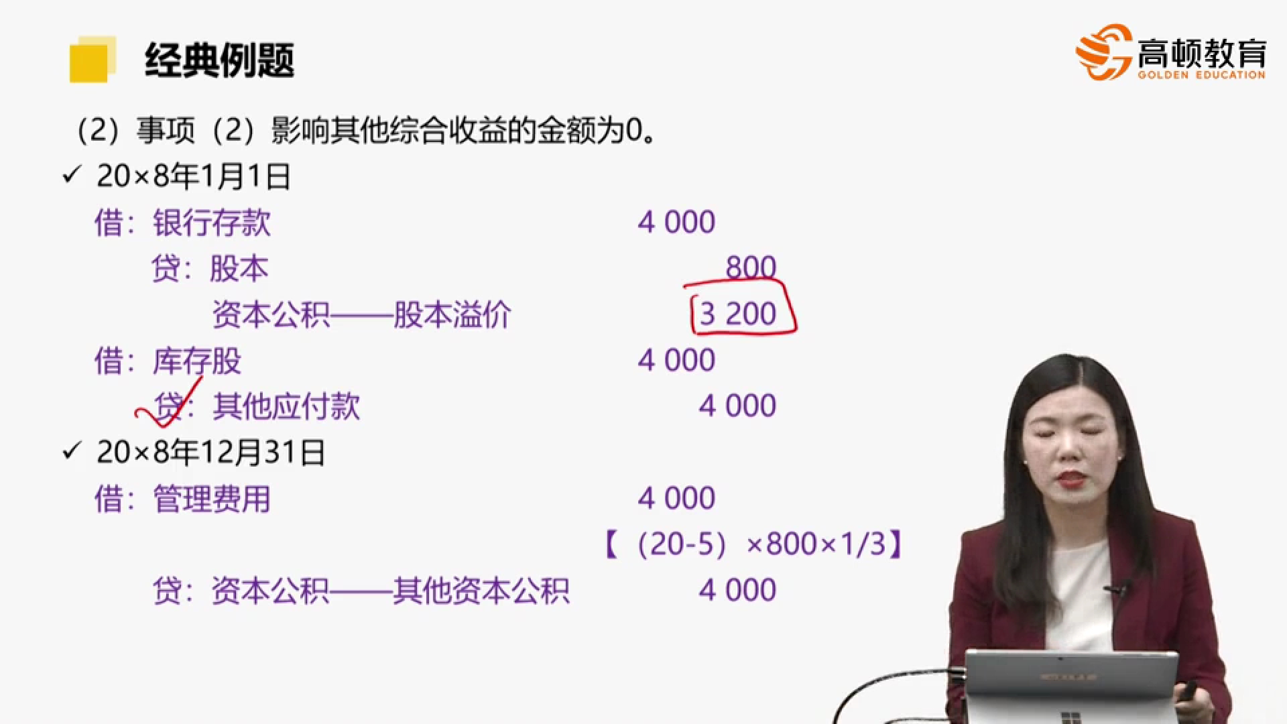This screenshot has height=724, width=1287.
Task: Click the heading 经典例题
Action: click(x=219, y=60)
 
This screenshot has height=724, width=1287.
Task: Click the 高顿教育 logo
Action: click(x=1170, y=52)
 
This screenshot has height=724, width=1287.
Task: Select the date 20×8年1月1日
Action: click(x=193, y=176)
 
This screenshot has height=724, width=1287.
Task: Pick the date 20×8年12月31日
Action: click(x=210, y=452)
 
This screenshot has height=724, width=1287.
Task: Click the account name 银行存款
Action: click(x=212, y=223)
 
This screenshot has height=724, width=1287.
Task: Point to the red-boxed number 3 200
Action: click(x=737, y=314)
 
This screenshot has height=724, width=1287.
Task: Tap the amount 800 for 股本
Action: click(x=751, y=267)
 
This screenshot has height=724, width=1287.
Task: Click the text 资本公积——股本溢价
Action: click(x=362, y=314)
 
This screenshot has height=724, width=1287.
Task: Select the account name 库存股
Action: click(x=197, y=361)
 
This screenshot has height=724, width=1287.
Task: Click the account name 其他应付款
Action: click(x=286, y=406)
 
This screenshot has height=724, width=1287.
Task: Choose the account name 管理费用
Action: click(x=212, y=499)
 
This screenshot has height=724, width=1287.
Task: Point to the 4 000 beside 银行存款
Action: click(x=676, y=222)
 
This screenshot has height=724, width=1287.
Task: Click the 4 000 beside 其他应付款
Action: click(x=737, y=406)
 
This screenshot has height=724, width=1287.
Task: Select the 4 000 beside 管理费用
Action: click(x=676, y=498)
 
